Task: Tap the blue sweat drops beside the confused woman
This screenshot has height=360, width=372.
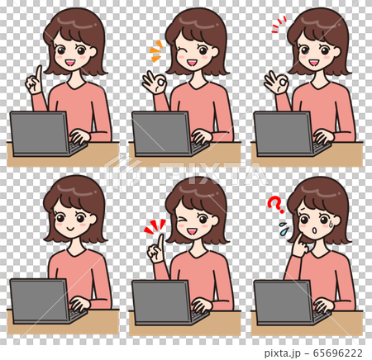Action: coord(284,226)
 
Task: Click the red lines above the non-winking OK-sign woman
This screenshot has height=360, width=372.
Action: coord(278,24)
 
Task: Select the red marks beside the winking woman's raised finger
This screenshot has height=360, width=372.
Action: coord(152,225)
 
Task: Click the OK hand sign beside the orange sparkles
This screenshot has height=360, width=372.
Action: coord(154,83)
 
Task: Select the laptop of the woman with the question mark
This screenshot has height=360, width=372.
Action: coord(283,301)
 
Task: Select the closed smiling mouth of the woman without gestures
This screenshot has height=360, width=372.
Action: coord(70,230)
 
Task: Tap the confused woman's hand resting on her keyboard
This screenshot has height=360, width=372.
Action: coord(322,305)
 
